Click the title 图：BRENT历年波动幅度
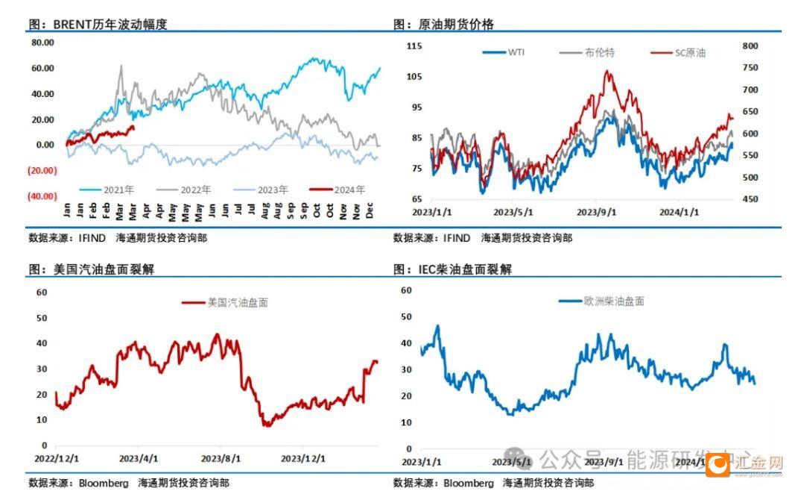coord(98,24)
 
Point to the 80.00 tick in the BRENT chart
coord(42,43)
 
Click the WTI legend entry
coord(504,52)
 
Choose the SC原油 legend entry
coord(678,53)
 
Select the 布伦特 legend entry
coord(588,52)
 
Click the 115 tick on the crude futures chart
coord(414,46)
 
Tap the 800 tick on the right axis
coord(750,46)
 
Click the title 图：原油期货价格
coord(443,24)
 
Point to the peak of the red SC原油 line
coord(608,72)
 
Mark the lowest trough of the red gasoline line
coord(266,425)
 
